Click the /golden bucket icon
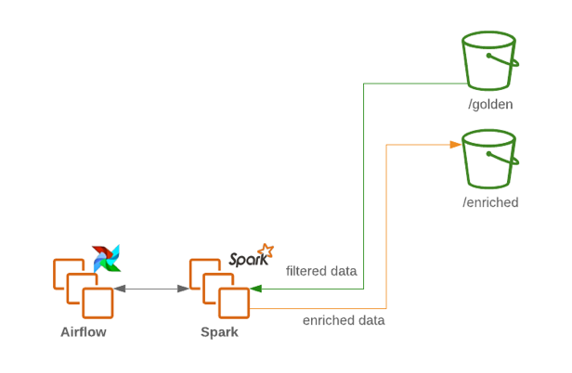click(x=488, y=59)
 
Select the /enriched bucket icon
click(x=488, y=159)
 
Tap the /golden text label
click(x=490, y=104)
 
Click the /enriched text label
click(x=490, y=202)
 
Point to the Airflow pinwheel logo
click(x=107, y=258)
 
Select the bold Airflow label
click(x=84, y=331)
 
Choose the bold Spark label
click(x=219, y=331)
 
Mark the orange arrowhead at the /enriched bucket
click(x=456, y=144)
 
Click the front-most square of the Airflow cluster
click(x=97, y=302)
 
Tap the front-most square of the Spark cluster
click(x=233, y=302)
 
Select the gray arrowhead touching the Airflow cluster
click(x=119, y=289)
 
